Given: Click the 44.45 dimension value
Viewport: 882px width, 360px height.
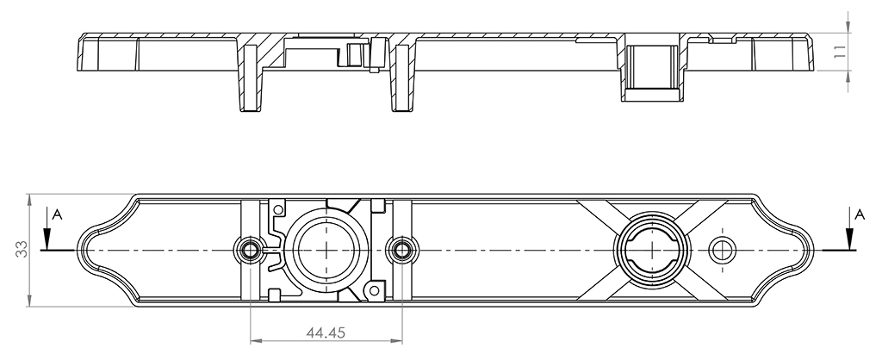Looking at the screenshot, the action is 325,332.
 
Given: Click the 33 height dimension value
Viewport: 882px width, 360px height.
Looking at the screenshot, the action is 21,249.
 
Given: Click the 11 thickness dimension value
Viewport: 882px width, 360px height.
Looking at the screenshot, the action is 839,53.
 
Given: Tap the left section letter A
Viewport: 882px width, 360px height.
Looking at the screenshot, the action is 56,214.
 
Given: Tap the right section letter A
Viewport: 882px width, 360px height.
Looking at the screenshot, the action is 859,214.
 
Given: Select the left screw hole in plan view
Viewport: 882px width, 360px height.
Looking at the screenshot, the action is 248,249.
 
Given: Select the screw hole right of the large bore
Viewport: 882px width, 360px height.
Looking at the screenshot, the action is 401,249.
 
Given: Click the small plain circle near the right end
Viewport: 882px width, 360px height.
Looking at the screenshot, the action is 723,250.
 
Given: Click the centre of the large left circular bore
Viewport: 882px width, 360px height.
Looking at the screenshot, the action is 326,249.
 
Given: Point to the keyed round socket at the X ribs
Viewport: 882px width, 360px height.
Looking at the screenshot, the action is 651,250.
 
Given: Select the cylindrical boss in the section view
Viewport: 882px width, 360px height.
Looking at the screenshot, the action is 651,67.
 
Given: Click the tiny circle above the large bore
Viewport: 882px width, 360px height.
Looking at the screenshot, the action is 277,210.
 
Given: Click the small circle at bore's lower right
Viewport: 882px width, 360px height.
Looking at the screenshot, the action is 372,290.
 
